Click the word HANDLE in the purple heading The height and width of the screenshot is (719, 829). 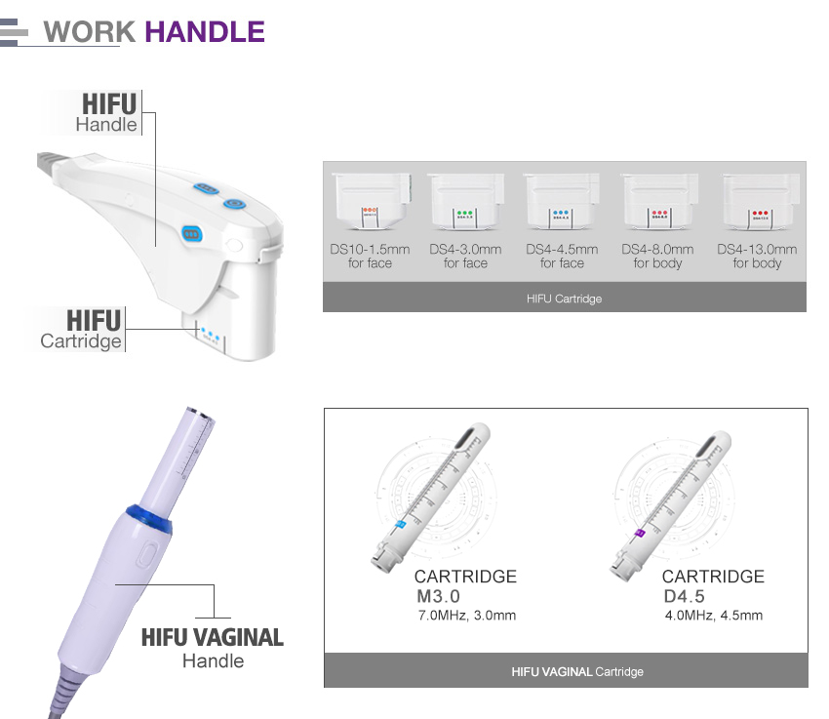(x=205, y=31)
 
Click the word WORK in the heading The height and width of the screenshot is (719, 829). (x=90, y=31)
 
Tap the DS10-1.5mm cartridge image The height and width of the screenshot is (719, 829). (x=370, y=201)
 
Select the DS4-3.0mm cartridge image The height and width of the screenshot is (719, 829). (x=465, y=201)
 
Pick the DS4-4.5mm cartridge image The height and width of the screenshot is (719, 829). (x=562, y=201)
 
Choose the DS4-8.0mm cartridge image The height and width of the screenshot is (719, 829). (x=658, y=201)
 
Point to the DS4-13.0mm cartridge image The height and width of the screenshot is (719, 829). (x=757, y=201)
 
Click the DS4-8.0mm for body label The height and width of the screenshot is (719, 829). (x=657, y=257)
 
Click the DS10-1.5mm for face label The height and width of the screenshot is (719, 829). (x=370, y=257)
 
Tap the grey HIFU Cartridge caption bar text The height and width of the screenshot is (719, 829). (x=564, y=299)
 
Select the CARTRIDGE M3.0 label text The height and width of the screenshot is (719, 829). (x=464, y=586)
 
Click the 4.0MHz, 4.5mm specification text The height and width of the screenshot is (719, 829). (x=713, y=616)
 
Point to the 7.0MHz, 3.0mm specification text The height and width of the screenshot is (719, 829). (x=466, y=616)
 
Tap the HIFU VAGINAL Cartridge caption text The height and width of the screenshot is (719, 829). (x=577, y=672)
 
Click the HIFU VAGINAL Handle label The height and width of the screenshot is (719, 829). (x=213, y=648)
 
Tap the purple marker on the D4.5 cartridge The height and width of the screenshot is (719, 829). (x=640, y=533)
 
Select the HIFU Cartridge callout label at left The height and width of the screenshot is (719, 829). (x=84, y=329)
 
